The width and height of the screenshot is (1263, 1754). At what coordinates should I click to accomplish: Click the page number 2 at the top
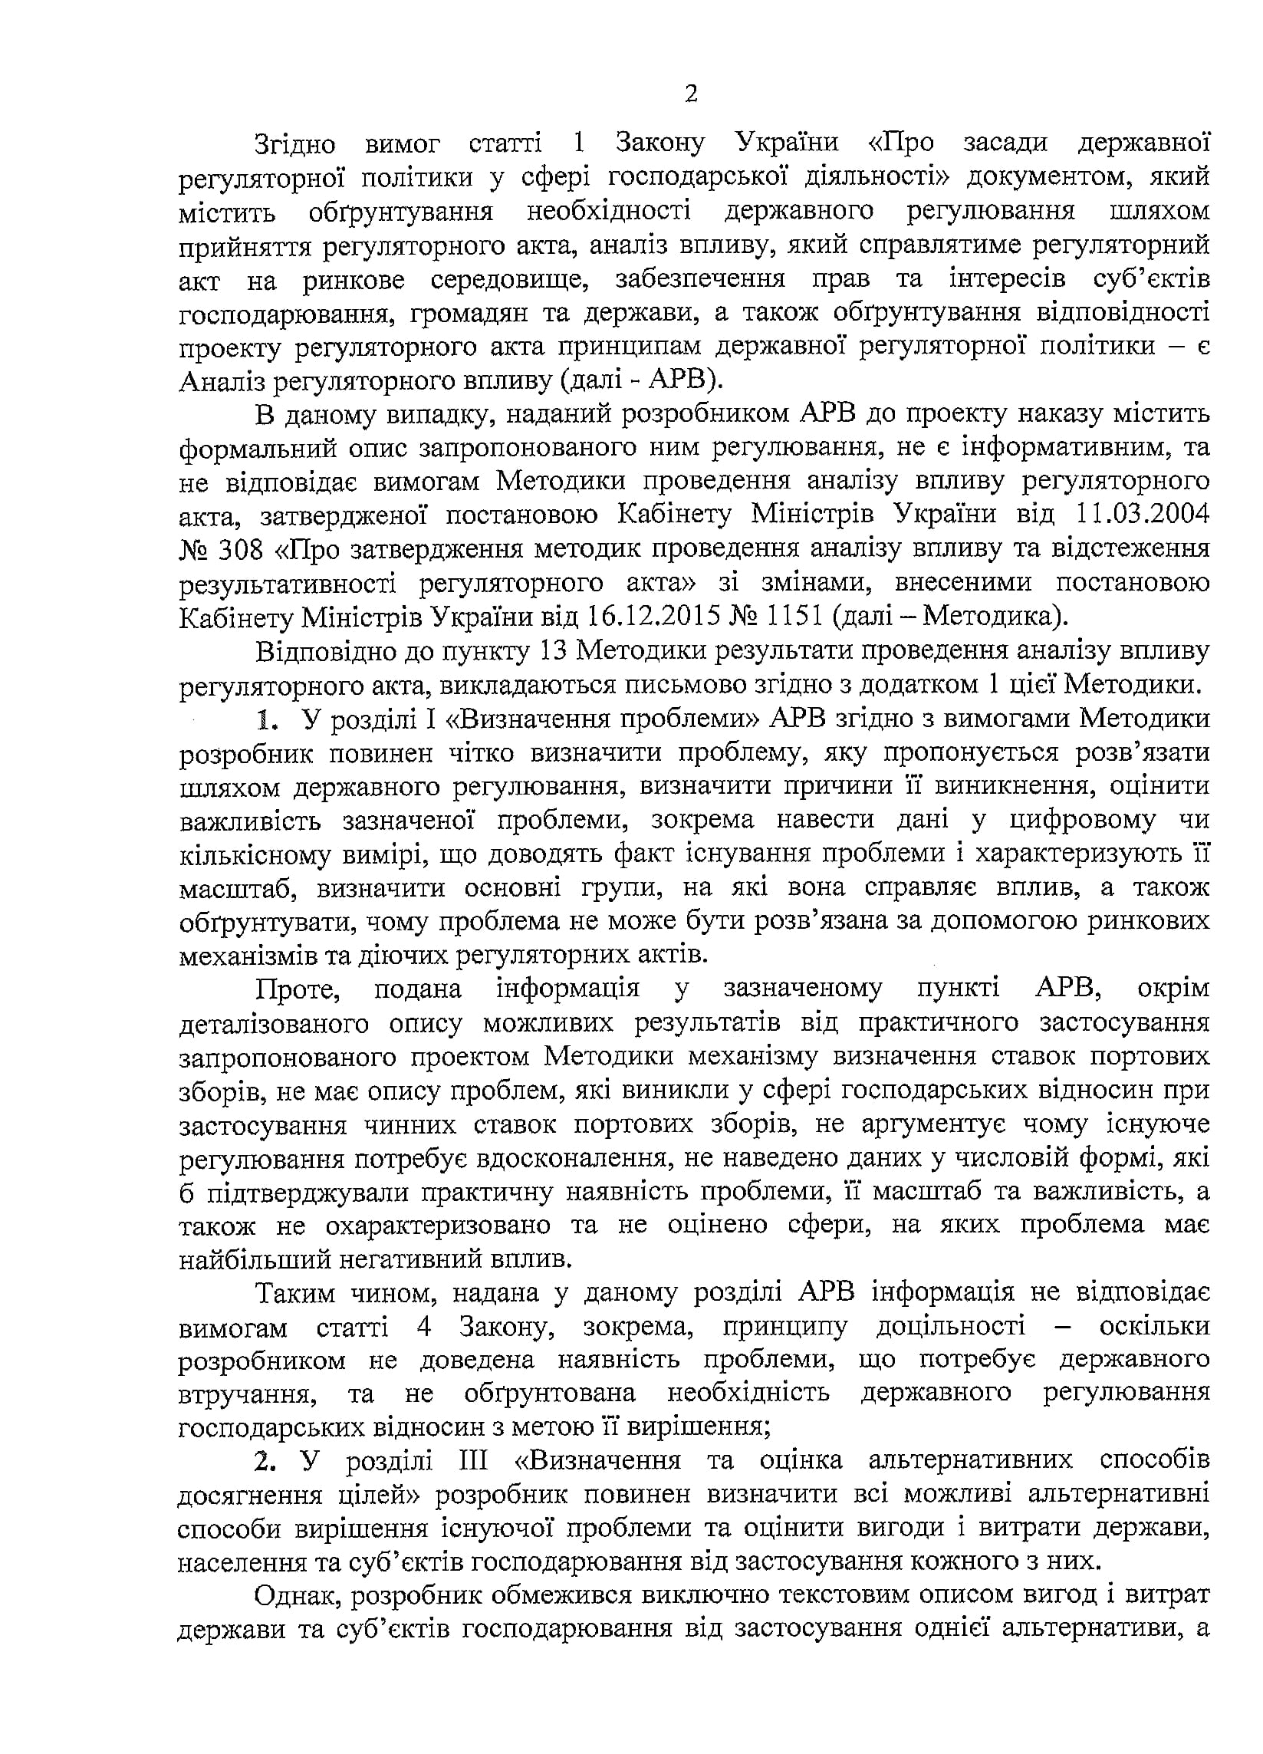[691, 94]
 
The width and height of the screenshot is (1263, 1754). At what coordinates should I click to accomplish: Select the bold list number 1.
[267, 720]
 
